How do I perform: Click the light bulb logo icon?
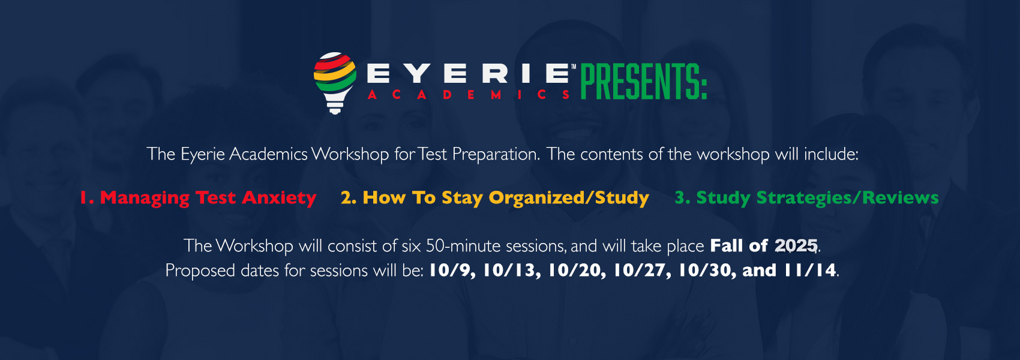point(335,83)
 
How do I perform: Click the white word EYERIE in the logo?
point(469,74)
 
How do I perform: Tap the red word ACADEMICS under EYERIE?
point(469,95)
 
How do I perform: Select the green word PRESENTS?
point(643,82)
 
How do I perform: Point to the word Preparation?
point(496,155)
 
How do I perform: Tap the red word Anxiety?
point(278,198)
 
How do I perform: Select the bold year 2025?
point(796,246)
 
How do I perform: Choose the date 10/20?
point(577,271)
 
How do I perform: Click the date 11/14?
point(809,271)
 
